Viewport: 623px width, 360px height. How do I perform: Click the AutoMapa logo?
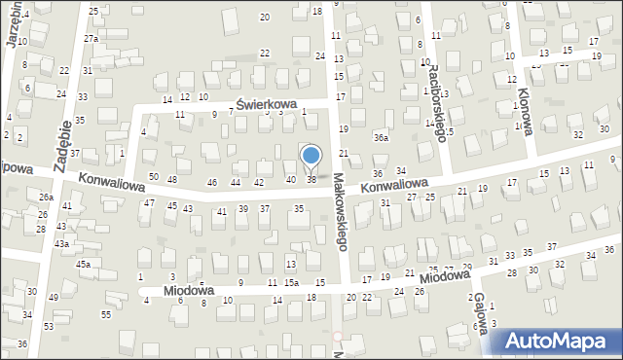pyautogui.click(x=559, y=342)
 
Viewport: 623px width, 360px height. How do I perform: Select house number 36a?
pyautogui.click(x=382, y=138)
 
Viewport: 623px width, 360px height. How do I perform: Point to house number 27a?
pyautogui.click(x=91, y=38)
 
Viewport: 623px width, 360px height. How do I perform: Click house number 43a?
pyautogui.click(x=61, y=243)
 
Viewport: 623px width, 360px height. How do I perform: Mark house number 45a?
pyautogui.click(x=84, y=265)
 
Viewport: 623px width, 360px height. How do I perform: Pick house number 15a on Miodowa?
pyautogui.click(x=291, y=282)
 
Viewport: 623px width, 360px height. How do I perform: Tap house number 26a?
pyautogui.click(x=46, y=197)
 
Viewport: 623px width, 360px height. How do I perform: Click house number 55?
pyautogui.click(x=106, y=314)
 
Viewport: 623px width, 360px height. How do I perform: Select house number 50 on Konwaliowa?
pyautogui.click(x=154, y=176)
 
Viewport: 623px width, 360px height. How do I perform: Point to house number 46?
pyautogui.click(x=212, y=182)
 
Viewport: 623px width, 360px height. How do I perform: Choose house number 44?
pyautogui.click(x=235, y=182)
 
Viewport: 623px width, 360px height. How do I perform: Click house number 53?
pyautogui.click(x=49, y=326)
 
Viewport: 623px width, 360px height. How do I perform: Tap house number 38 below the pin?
pyautogui.click(x=311, y=179)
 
